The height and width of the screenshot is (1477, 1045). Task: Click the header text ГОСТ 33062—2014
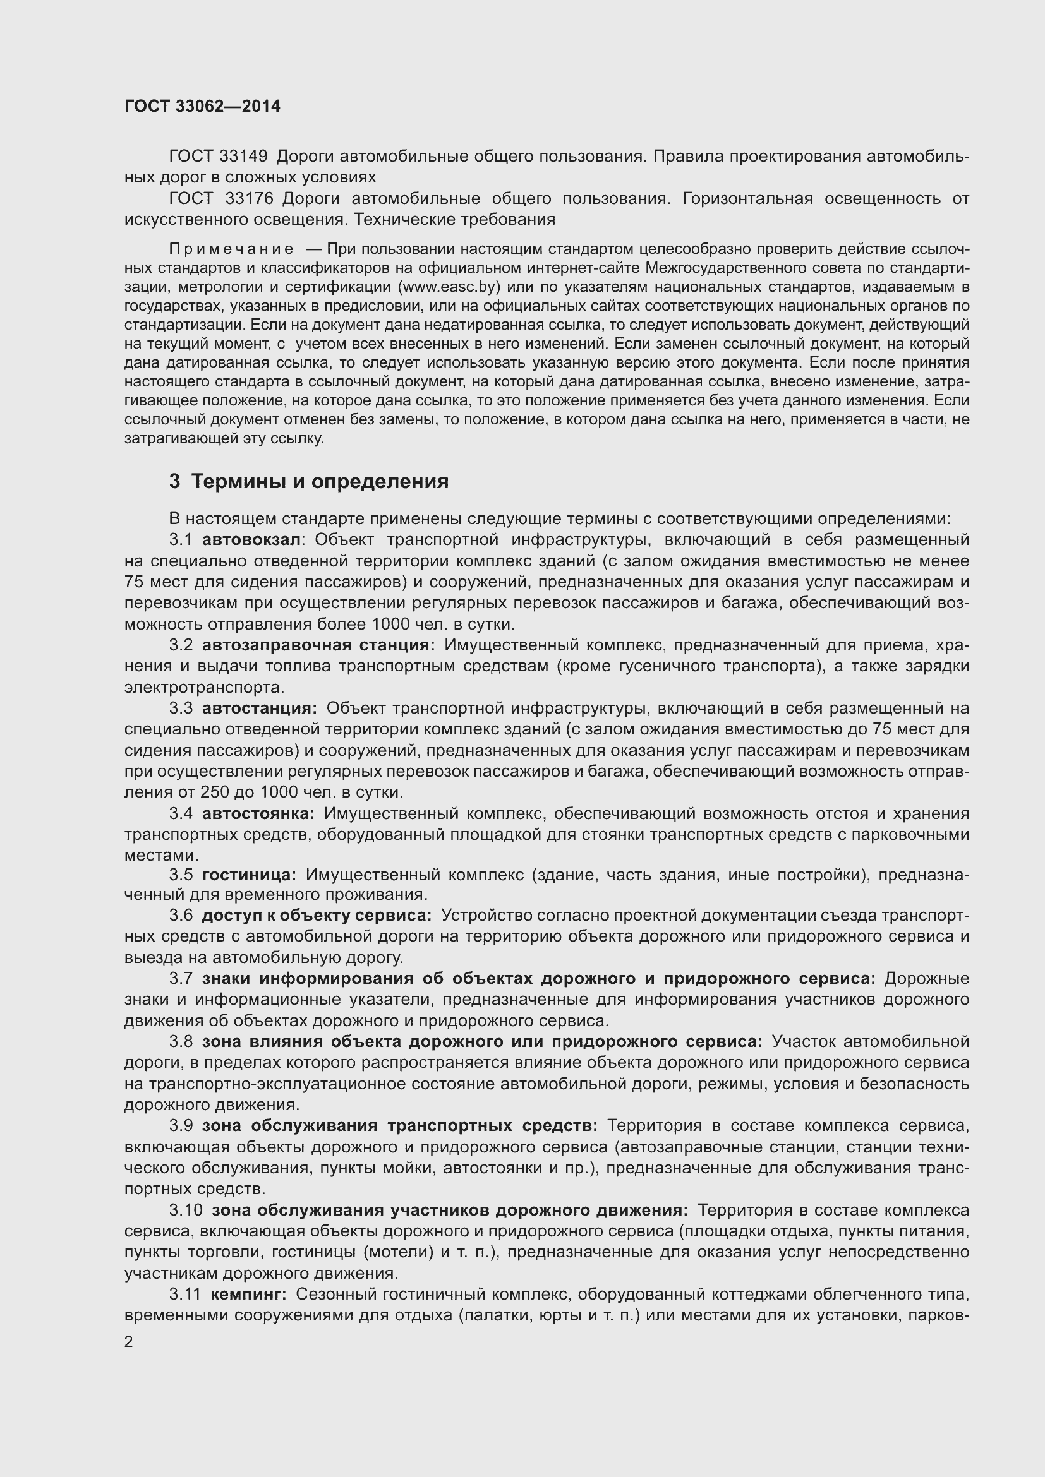pos(202,107)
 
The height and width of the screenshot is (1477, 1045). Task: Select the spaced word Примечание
pos(231,249)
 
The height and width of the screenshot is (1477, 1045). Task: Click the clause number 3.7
pos(181,978)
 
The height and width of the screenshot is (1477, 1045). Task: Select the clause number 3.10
pos(185,1210)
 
